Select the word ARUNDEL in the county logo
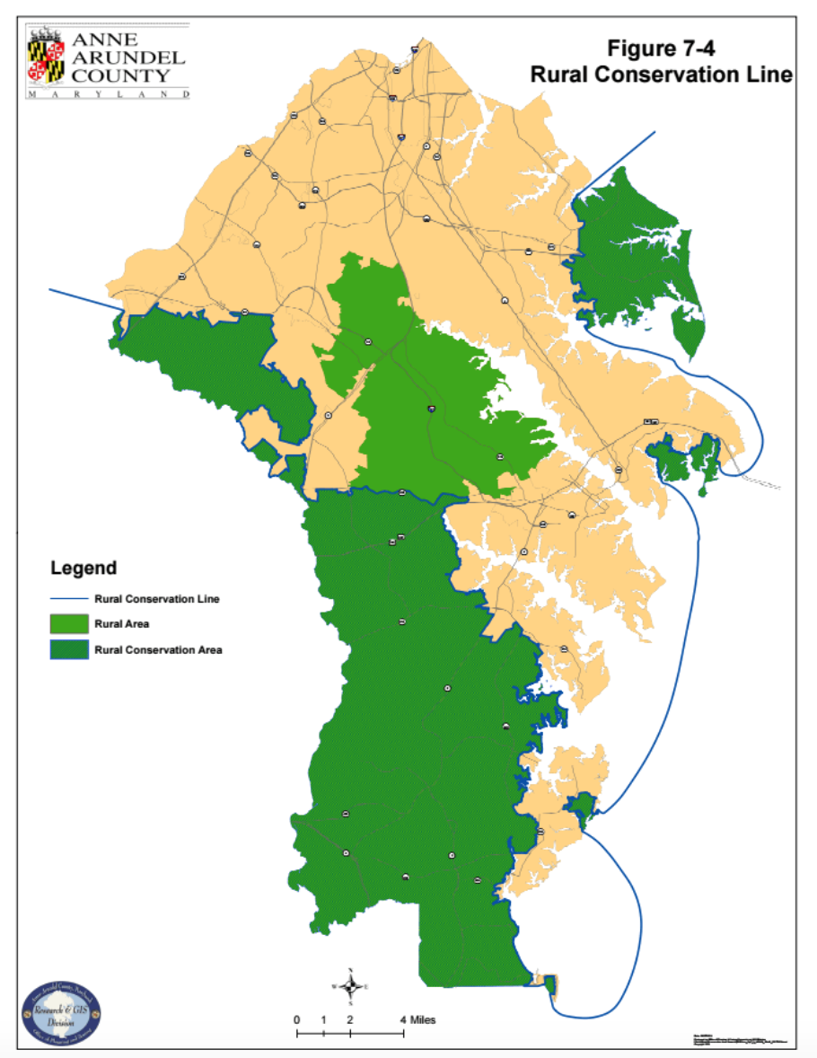(x=127, y=57)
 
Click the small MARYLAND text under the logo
(x=108, y=93)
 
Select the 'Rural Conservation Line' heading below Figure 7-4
(x=661, y=75)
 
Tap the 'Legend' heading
(x=83, y=568)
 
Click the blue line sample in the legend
(x=69, y=598)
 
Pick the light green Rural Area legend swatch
(x=69, y=623)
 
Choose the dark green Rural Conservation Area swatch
(x=69, y=649)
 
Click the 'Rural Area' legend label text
(x=121, y=623)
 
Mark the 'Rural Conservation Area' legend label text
(x=158, y=649)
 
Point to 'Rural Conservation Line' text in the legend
(x=157, y=598)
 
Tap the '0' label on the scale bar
(x=296, y=1020)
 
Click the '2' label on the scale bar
(x=350, y=1020)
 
